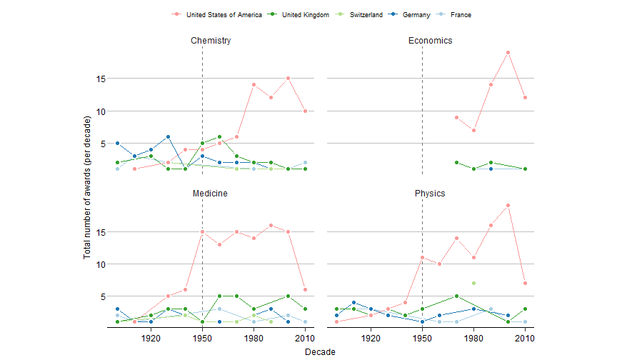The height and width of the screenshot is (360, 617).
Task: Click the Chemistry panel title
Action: [x=211, y=41]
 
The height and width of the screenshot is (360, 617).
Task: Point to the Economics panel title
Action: [x=430, y=41]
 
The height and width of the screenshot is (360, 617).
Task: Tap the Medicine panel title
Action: [x=211, y=194]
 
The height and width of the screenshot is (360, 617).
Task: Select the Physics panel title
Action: [x=430, y=194]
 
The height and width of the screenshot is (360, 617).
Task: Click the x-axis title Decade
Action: [x=320, y=351]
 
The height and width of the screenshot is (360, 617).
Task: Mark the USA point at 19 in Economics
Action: [x=508, y=52]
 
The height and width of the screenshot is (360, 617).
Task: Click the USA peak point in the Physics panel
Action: [x=508, y=205]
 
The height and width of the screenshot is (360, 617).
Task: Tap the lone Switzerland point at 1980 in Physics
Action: [x=473, y=284]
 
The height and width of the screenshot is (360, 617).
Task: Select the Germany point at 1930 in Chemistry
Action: [x=168, y=136]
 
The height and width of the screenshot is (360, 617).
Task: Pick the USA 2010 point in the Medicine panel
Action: [x=305, y=289]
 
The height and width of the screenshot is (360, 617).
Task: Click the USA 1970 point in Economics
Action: [x=456, y=117]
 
